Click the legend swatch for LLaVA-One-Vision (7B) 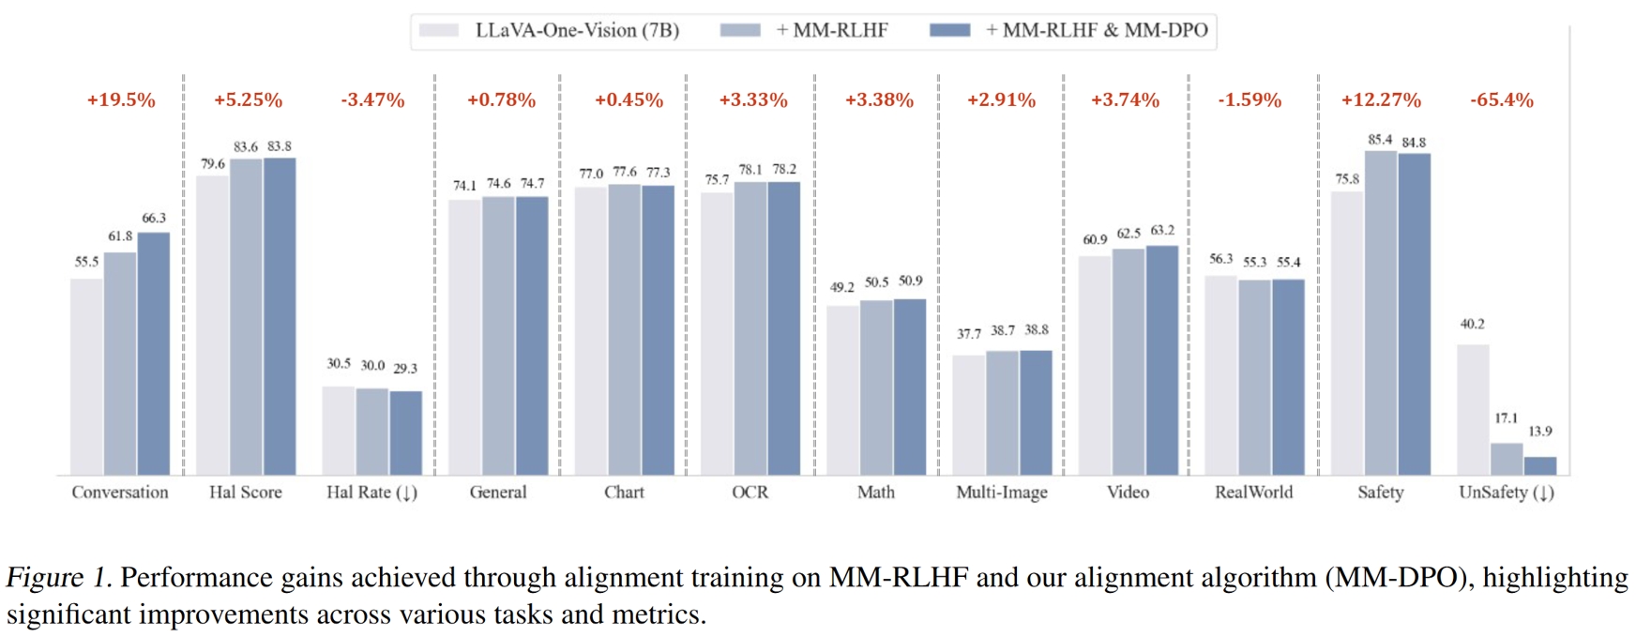[x=438, y=30]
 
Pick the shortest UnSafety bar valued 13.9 [x=1540, y=466]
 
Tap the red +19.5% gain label [x=121, y=99]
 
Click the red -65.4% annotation [x=1502, y=99]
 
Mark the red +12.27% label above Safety [x=1381, y=99]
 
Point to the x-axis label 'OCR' [x=750, y=492]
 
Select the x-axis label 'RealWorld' [x=1253, y=492]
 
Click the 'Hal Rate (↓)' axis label [x=371, y=492]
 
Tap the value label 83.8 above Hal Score [x=280, y=146]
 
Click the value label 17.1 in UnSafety [x=1507, y=417]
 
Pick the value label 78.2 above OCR [x=784, y=169]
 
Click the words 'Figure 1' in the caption [x=57, y=578]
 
